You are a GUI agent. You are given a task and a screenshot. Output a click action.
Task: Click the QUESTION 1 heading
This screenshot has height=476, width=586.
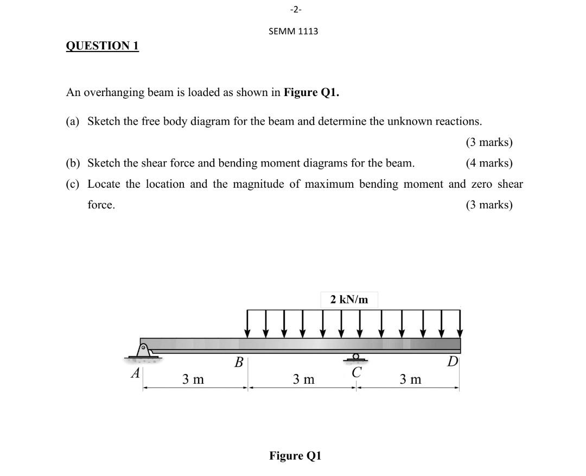pos(102,46)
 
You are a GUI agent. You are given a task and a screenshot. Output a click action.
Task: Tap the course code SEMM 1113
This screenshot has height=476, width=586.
pos(293,31)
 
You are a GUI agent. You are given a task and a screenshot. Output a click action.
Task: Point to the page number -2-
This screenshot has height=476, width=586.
pos(293,9)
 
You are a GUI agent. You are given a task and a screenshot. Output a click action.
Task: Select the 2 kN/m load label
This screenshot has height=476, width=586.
pos(349,299)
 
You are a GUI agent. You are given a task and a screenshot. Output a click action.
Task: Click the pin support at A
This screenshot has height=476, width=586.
pos(144,351)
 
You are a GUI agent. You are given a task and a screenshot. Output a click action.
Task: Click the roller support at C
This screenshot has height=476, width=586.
pos(356,358)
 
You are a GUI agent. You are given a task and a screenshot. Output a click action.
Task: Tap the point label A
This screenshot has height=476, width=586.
pos(136,373)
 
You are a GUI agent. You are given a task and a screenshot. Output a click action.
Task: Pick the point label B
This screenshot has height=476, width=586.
pos(238,362)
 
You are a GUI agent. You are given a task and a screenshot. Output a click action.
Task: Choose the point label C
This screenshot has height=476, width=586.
pos(356,373)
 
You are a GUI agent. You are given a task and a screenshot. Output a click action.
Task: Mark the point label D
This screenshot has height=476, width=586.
pos(453,361)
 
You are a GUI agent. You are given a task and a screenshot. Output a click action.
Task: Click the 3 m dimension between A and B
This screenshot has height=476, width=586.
pos(193,379)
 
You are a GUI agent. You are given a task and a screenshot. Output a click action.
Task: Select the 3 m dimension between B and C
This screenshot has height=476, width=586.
pos(303,379)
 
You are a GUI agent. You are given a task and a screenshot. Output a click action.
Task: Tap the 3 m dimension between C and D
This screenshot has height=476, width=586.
pos(410,379)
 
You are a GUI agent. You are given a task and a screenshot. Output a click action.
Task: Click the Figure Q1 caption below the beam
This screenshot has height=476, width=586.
pos(296,455)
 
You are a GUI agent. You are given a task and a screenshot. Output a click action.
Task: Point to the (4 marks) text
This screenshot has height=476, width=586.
pos(488,163)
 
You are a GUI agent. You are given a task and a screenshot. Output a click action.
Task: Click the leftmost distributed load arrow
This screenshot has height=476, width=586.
pos(248,323)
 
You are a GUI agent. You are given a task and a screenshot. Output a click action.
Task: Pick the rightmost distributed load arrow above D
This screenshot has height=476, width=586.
pos(460,323)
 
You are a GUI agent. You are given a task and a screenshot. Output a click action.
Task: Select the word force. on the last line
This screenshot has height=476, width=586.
pos(101,205)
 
